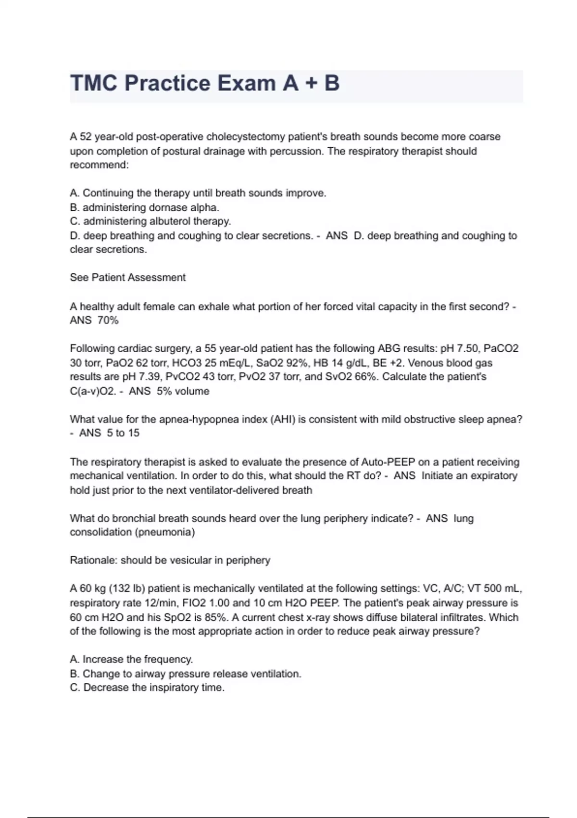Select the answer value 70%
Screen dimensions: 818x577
[x=108, y=320]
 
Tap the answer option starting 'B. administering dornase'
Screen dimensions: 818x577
[x=145, y=207]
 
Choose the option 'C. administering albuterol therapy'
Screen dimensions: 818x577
[x=151, y=221]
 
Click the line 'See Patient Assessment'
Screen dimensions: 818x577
[x=127, y=278]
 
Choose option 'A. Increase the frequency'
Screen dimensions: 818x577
[x=131, y=659]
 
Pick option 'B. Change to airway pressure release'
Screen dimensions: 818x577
[x=186, y=674]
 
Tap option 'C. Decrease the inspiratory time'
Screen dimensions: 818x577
[x=147, y=688]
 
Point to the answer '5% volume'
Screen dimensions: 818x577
[x=183, y=391]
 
